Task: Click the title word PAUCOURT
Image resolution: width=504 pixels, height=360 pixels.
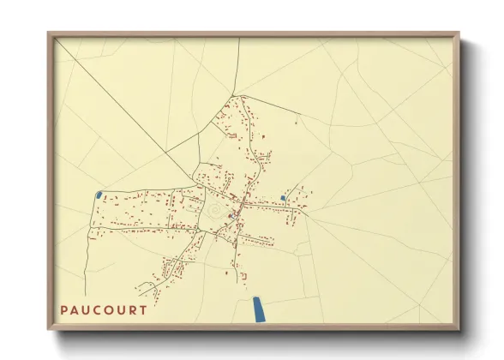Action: click(x=103, y=309)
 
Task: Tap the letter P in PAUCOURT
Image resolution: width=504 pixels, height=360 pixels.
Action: click(x=64, y=309)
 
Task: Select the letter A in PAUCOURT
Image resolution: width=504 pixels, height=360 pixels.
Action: click(x=75, y=309)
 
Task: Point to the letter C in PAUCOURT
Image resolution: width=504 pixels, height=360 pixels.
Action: click(x=98, y=309)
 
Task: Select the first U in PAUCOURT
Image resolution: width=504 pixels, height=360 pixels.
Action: click(x=87, y=309)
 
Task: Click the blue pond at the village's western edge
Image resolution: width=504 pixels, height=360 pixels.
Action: click(x=100, y=195)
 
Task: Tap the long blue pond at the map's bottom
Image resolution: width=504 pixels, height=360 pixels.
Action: click(x=257, y=309)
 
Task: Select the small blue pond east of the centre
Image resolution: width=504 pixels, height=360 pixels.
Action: click(x=283, y=198)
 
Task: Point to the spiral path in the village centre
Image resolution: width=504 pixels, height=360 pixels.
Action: click(x=214, y=208)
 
